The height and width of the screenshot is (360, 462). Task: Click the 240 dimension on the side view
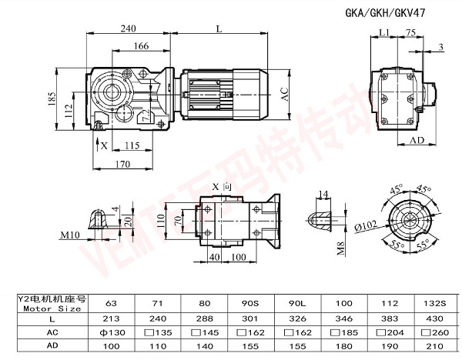click(128, 28)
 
